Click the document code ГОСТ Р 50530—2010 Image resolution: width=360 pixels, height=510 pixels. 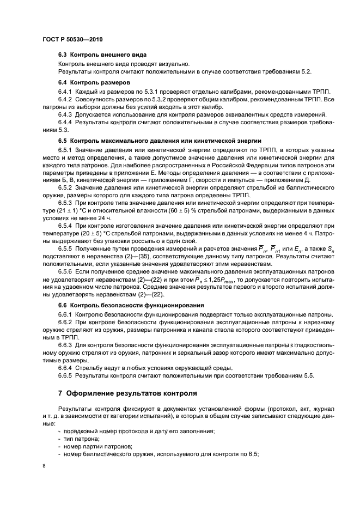coord(72,40)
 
